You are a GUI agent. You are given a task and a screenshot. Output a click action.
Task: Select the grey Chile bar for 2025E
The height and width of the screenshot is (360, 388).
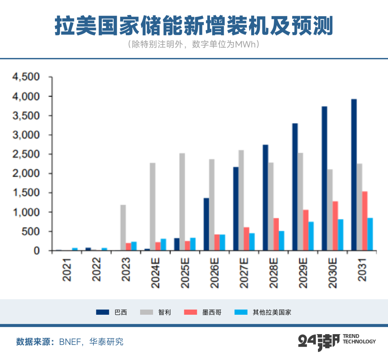pos(182,202)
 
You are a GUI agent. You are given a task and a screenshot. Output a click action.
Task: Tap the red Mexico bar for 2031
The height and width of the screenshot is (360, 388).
pos(365,221)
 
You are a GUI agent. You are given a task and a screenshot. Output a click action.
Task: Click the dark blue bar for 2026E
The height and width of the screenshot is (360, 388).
pos(206,224)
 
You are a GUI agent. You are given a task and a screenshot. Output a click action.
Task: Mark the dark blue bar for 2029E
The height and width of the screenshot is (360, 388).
pos(295,187)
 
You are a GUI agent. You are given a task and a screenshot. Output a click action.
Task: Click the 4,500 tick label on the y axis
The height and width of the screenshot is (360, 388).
pos(26,77)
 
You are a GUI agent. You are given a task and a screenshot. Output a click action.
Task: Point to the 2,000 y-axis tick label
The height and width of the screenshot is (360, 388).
pos(26,174)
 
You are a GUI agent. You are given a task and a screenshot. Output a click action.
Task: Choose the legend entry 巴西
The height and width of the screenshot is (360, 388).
pos(121,312)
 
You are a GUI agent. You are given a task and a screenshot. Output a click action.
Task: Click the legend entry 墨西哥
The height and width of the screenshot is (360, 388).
pos(212,312)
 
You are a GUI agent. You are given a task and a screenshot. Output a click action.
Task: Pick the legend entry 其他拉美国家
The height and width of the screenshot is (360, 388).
pos(272,312)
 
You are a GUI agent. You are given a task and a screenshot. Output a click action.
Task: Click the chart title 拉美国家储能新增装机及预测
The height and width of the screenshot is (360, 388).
pos(194,26)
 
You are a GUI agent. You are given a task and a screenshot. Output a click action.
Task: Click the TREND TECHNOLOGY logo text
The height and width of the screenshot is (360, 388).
pos(359,339)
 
